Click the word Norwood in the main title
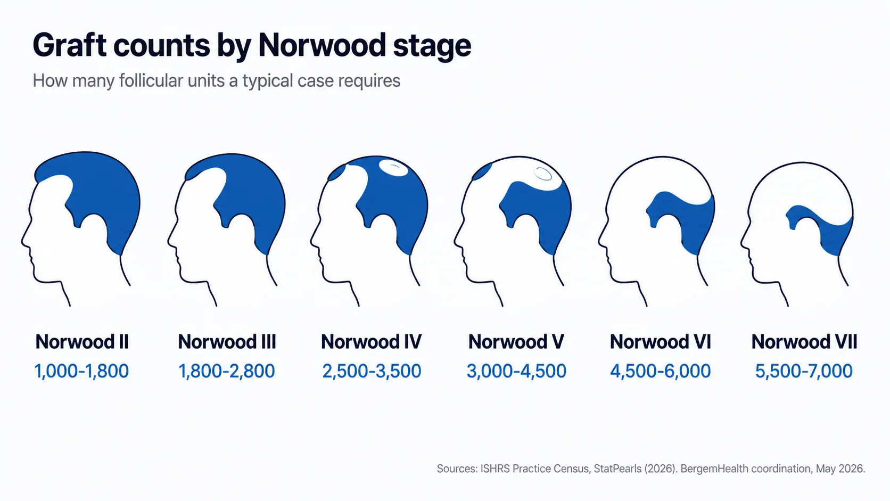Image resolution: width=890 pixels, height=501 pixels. coord(322,46)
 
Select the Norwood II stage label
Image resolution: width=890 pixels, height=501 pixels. coord(82,342)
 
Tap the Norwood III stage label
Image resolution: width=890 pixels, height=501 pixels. coord(227,342)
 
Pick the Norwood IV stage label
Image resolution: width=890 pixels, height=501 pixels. coord(371,342)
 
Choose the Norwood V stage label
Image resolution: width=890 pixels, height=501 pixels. coord(516,342)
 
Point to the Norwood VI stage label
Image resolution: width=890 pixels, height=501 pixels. coord(661,342)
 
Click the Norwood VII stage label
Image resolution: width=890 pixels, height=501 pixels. coord(804,342)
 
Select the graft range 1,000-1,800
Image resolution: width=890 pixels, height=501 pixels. coord(81,371)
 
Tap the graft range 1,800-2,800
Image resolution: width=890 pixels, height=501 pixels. coord(226,371)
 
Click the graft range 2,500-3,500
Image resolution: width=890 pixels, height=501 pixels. coord(372,371)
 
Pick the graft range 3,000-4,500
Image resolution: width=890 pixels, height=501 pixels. coord(516,371)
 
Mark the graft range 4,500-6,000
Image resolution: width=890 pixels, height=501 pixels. coord(661,371)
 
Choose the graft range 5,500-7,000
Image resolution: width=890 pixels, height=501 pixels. coord(804,371)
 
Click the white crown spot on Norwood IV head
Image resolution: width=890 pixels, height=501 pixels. coord(393,168)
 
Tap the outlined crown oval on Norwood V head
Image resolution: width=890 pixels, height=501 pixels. coord(543,174)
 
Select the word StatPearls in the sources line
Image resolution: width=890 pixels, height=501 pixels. coord(617,469)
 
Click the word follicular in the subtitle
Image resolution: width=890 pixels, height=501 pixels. coord(151,80)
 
